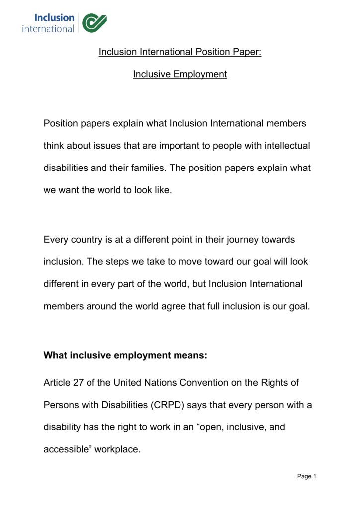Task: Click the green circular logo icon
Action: click(94, 23)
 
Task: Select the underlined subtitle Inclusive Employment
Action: click(180, 74)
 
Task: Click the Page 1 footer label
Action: click(306, 476)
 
